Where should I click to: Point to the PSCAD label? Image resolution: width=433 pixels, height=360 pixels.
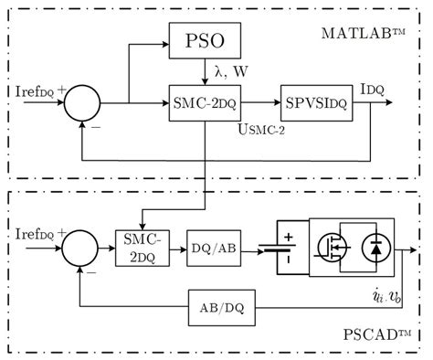click(x=366, y=337)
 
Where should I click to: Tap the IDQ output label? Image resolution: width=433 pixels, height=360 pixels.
click(x=373, y=89)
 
